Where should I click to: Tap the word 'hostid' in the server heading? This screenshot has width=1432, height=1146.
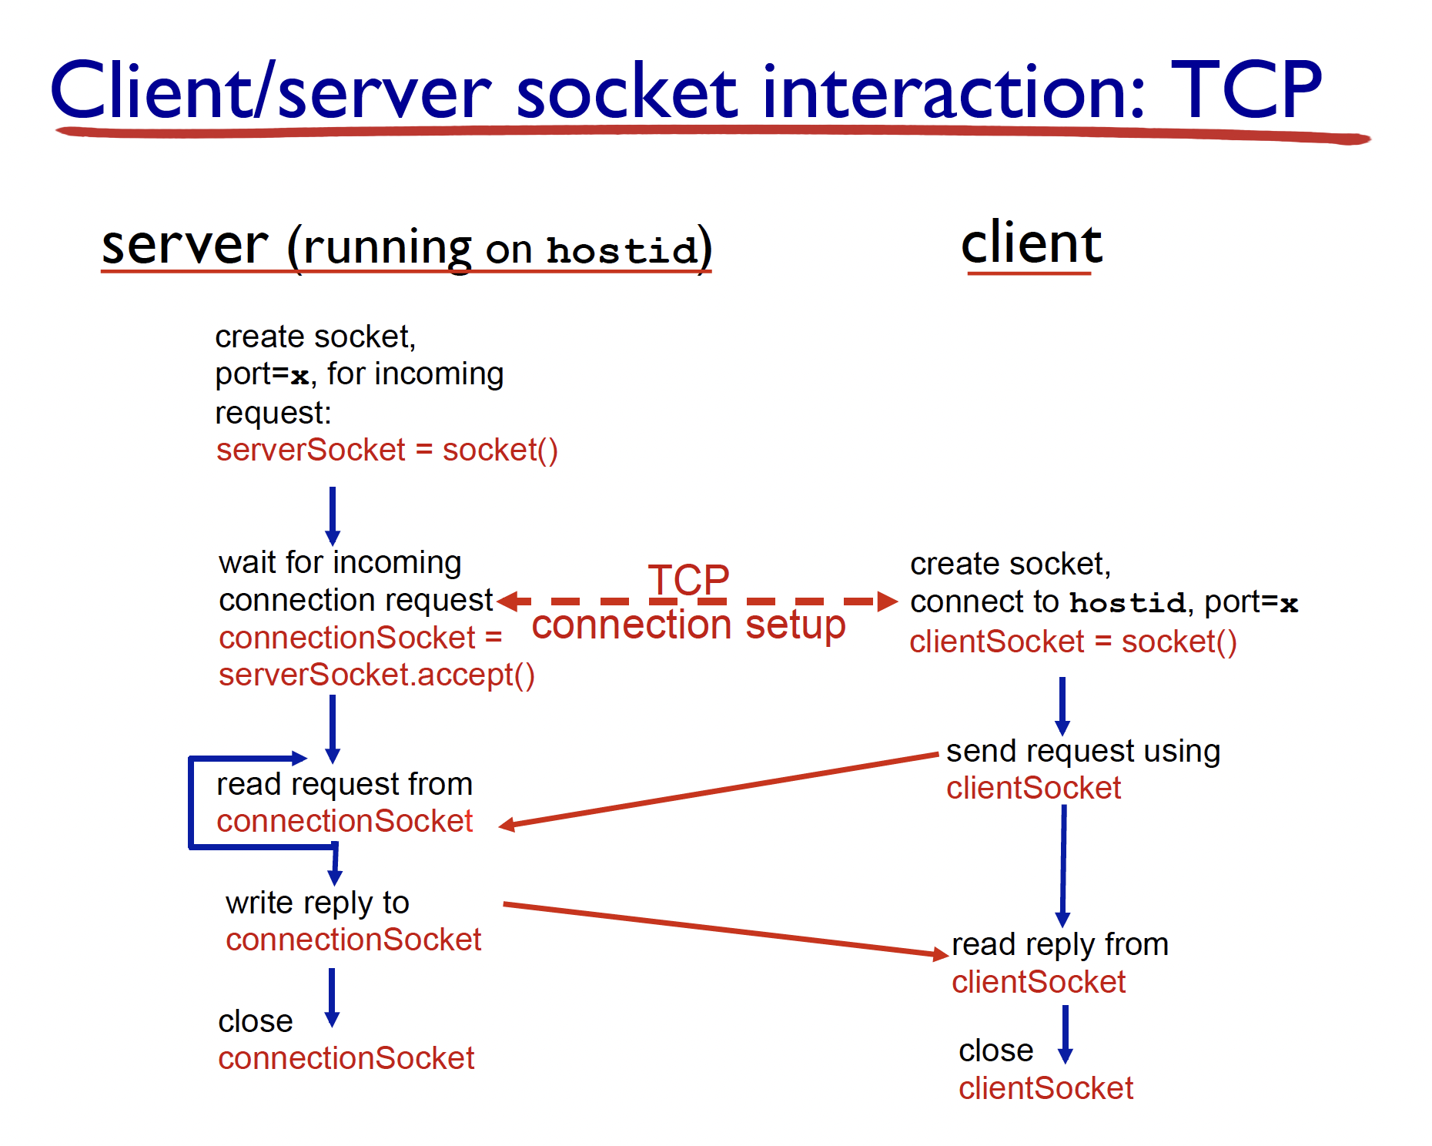tap(621, 251)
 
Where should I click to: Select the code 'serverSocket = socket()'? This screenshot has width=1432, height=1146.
tap(386, 450)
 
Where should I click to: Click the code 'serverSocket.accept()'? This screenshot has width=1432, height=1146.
tap(376, 675)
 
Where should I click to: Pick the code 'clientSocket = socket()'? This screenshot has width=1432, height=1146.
tap(1072, 642)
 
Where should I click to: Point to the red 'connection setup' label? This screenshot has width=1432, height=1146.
tap(688, 625)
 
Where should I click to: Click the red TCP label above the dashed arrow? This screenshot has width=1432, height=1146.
tap(688, 578)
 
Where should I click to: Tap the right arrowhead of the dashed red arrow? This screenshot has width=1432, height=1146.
tap(887, 601)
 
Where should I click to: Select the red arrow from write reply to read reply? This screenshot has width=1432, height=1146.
tap(724, 929)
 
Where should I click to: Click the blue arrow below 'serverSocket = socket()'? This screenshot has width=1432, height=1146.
tap(333, 514)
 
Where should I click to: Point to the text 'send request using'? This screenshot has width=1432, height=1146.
tap(1082, 751)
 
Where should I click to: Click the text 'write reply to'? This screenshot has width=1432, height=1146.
tap(317, 903)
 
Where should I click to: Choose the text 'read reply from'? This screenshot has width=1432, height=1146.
tap(1059, 944)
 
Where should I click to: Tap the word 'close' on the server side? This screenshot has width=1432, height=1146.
tap(255, 1022)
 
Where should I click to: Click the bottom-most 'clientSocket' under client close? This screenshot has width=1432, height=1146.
tap(1046, 1088)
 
